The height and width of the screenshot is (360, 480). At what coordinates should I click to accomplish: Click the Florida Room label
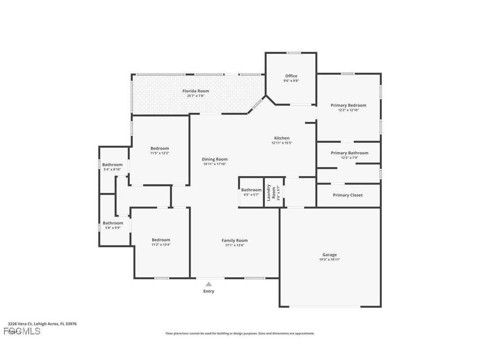196,91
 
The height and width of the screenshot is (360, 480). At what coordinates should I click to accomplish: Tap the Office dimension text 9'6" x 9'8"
291,81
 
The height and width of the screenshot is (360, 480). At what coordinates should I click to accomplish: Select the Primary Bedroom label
348,105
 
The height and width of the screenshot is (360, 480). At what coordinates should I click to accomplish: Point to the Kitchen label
282,138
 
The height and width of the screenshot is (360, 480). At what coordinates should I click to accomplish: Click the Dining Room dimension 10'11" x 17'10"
214,164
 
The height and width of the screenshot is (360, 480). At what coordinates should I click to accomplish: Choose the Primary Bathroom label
349,153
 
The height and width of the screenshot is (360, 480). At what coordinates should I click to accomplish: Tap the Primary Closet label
347,195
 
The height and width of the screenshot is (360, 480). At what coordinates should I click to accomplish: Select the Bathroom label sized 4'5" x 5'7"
251,190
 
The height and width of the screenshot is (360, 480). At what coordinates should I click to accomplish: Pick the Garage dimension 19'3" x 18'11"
329,260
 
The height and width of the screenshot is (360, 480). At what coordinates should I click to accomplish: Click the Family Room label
235,241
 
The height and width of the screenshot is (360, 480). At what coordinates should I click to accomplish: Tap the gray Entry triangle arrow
209,284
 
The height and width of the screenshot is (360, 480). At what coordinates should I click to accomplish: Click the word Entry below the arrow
209,291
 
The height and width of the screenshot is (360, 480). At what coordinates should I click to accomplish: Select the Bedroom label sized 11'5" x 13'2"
160,149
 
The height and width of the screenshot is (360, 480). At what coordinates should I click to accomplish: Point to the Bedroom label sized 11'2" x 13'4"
160,240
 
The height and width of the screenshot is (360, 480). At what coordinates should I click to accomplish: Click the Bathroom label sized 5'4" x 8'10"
112,165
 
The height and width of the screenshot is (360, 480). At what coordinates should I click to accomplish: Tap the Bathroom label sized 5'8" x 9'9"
113,223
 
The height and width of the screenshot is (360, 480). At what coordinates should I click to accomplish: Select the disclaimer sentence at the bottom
240,333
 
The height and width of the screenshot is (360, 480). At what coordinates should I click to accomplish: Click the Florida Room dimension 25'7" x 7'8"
196,96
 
